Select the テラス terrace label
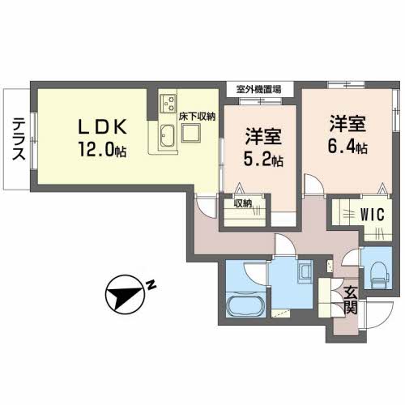[17, 139]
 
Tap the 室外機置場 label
[259, 89]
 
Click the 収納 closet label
[242, 203]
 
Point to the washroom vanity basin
[306, 271]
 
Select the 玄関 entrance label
[350, 300]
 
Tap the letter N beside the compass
[151, 284]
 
